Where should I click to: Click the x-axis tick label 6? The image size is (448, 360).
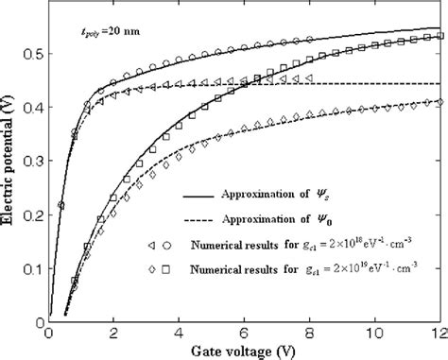(245, 333)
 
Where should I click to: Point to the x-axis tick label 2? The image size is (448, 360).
(114, 333)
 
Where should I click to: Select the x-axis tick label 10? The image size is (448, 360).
(374, 333)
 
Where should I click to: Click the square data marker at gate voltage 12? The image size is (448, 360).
(439, 37)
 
